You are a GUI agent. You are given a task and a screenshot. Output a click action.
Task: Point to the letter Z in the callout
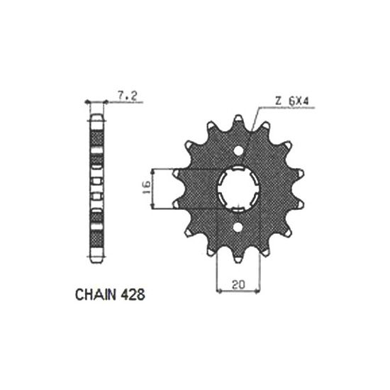click(279, 104)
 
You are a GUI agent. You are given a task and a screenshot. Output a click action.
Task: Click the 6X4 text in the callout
click(299, 104)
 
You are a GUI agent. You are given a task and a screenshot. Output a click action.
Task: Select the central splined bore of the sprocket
click(238, 189)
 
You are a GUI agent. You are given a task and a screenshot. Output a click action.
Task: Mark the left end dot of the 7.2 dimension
click(87, 101)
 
